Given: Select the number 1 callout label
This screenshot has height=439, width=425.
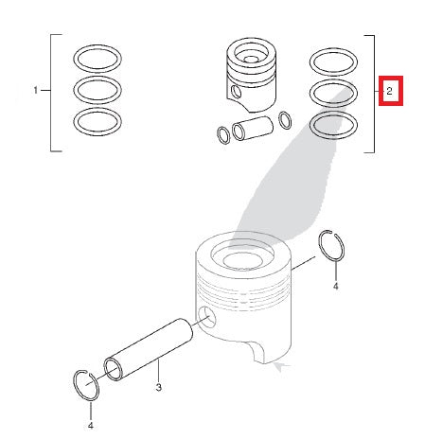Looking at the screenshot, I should coord(37,91).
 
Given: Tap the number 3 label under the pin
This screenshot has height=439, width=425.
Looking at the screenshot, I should coord(159,388).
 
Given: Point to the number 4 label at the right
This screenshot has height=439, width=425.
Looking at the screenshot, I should coord(335,284).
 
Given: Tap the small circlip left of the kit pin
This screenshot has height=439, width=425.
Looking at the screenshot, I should coord(222,133).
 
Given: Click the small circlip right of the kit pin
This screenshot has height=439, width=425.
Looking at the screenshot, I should coord(285,119).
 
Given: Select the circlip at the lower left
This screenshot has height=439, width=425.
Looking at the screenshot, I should coord(87,385).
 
